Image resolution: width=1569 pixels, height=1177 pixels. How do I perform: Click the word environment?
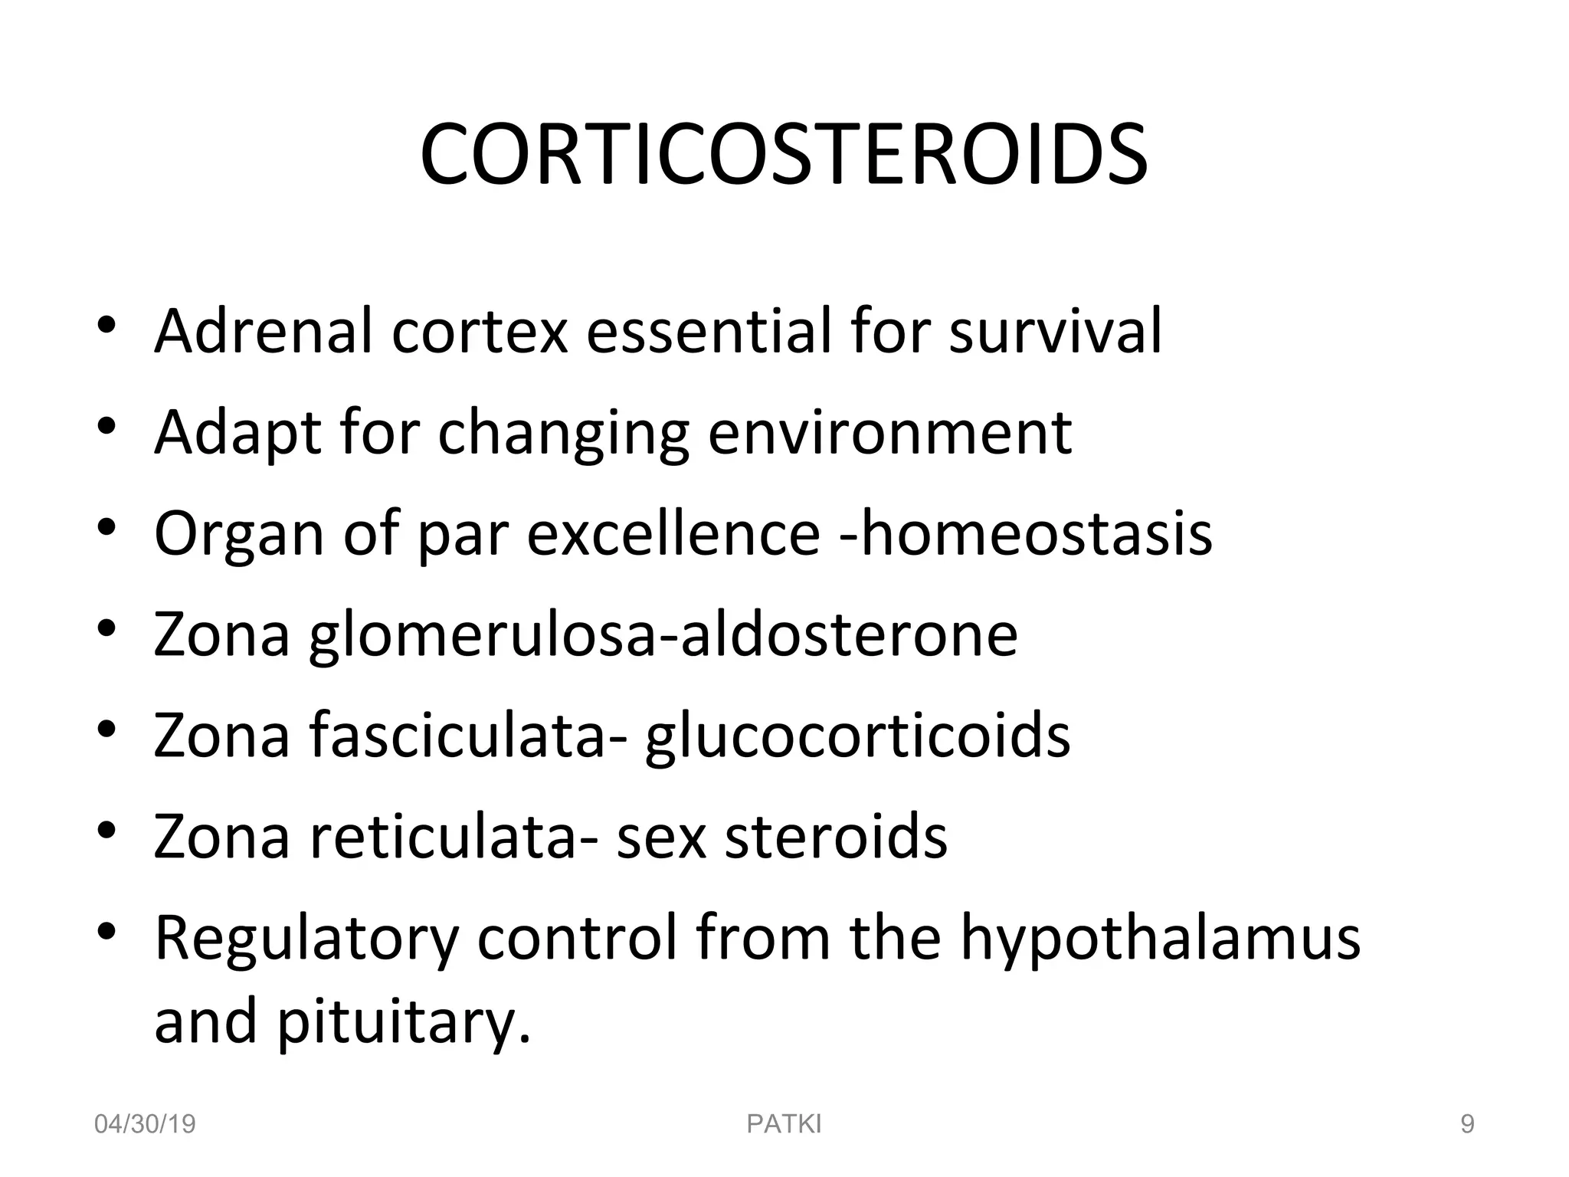pyautogui.click(x=889, y=432)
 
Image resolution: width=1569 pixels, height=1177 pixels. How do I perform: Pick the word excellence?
pyautogui.click(x=673, y=533)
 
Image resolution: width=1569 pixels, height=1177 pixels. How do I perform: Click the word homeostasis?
pyautogui.click(x=1035, y=533)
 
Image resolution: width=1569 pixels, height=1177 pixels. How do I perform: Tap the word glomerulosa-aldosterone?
pyautogui.click(x=663, y=634)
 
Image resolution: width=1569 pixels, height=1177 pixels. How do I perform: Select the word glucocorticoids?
pyautogui.click(x=857, y=736)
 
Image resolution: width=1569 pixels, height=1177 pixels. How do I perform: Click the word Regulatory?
pyautogui.click(x=306, y=939)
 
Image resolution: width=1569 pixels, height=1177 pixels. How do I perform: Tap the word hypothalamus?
pyautogui.click(x=1161, y=939)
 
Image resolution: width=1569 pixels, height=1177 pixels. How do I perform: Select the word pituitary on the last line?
pyautogui.click(x=402, y=1022)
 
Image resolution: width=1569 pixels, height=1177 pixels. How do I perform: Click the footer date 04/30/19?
pyautogui.click(x=145, y=1124)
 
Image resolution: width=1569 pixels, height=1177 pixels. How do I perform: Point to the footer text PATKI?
pyautogui.click(x=784, y=1124)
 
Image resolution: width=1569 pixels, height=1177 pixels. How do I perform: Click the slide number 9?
pyautogui.click(x=1467, y=1124)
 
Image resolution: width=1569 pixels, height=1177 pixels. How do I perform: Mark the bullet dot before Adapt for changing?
pyautogui.click(x=106, y=425)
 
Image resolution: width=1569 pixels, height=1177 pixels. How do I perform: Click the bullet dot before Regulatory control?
pyautogui.click(x=106, y=930)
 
